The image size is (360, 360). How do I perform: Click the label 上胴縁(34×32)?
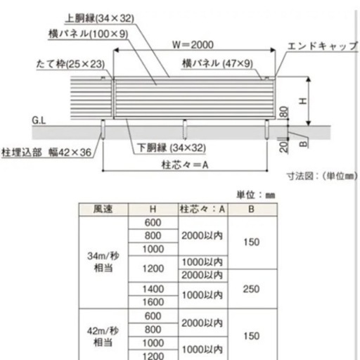click(x=100, y=18)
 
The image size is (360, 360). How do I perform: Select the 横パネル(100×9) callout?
click(x=89, y=34)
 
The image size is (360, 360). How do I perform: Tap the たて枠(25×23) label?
click(x=70, y=64)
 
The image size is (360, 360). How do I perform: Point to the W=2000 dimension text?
click(x=193, y=45)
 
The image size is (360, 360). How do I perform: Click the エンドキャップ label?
click(x=323, y=46)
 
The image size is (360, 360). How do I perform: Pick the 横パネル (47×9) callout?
click(x=217, y=63)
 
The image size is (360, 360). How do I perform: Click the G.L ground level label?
click(x=39, y=120)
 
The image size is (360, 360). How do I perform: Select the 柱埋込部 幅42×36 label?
click(x=46, y=153)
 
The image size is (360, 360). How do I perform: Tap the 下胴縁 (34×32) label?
click(x=172, y=148)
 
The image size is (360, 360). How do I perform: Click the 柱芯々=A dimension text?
click(x=185, y=165)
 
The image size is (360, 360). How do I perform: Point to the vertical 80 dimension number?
click(x=284, y=112)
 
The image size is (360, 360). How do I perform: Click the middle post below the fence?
click(x=185, y=129)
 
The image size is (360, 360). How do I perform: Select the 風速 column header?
click(x=103, y=209)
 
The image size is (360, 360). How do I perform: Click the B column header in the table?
click(x=251, y=209)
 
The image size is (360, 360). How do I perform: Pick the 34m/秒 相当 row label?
click(x=103, y=262)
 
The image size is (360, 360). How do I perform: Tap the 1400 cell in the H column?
click(x=153, y=289)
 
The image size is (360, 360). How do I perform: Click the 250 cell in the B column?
click(x=251, y=289)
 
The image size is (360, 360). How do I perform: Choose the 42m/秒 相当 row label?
click(x=103, y=337)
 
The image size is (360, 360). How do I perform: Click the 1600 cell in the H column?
click(x=153, y=302)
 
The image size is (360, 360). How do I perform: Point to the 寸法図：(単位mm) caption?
click(x=322, y=176)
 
